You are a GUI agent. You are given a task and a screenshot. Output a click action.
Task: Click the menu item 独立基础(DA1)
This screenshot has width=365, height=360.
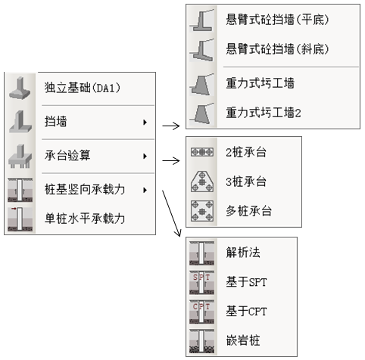pyautogui.click(x=83, y=88)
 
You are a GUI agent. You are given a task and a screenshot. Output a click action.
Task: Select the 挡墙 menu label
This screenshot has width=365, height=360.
pyautogui.click(x=56, y=121)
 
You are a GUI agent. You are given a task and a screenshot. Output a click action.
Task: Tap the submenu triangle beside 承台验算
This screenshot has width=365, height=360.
pyautogui.click(x=145, y=156)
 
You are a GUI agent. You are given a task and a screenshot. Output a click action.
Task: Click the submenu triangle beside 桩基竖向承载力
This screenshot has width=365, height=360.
pyautogui.click(x=145, y=190)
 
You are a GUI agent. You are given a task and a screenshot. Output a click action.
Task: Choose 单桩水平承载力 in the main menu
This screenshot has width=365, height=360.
pyautogui.click(x=85, y=219)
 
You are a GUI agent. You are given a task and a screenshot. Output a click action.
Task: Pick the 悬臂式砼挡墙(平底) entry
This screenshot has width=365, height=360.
pyautogui.click(x=277, y=20)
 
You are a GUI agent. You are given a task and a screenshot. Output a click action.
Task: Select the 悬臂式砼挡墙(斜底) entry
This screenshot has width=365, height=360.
pyautogui.click(x=277, y=48)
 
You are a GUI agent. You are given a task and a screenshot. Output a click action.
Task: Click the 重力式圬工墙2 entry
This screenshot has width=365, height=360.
pyautogui.click(x=264, y=113)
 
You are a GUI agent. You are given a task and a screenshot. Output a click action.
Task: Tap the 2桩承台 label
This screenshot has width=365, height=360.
pyautogui.click(x=246, y=152)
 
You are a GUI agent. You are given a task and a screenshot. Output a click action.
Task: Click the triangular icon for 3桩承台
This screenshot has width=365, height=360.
pyautogui.click(x=202, y=182)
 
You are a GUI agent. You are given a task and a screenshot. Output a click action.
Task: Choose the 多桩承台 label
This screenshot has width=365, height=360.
pyautogui.click(x=248, y=211)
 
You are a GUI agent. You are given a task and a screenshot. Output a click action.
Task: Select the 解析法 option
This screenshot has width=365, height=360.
pyautogui.click(x=243, y=253)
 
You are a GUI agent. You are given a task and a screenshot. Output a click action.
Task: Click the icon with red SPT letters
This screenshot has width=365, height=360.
pyautogui.click(x=202, y=283)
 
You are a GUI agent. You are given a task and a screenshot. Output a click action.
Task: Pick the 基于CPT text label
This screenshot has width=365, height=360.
pyautogui.click(x=246, y=311)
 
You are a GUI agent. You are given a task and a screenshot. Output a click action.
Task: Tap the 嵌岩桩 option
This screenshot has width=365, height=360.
pyautogui.click(x=243, y=340)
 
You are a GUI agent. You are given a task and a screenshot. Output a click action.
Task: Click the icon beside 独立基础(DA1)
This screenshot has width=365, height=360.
pyautogui.click(x=20, y=88)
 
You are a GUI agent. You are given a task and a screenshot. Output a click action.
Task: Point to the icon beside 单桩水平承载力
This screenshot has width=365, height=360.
pyautogui.click(x=20, y=219)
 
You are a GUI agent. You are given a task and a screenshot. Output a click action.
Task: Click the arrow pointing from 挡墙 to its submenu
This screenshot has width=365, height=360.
pyautogui.click(x=171, y=126)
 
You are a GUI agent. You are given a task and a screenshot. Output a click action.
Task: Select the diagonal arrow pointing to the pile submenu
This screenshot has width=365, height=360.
pyautogui.click(x=171, y=213)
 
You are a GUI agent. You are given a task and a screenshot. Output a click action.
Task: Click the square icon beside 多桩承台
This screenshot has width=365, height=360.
pyautogui.click(x=202, y=211)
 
